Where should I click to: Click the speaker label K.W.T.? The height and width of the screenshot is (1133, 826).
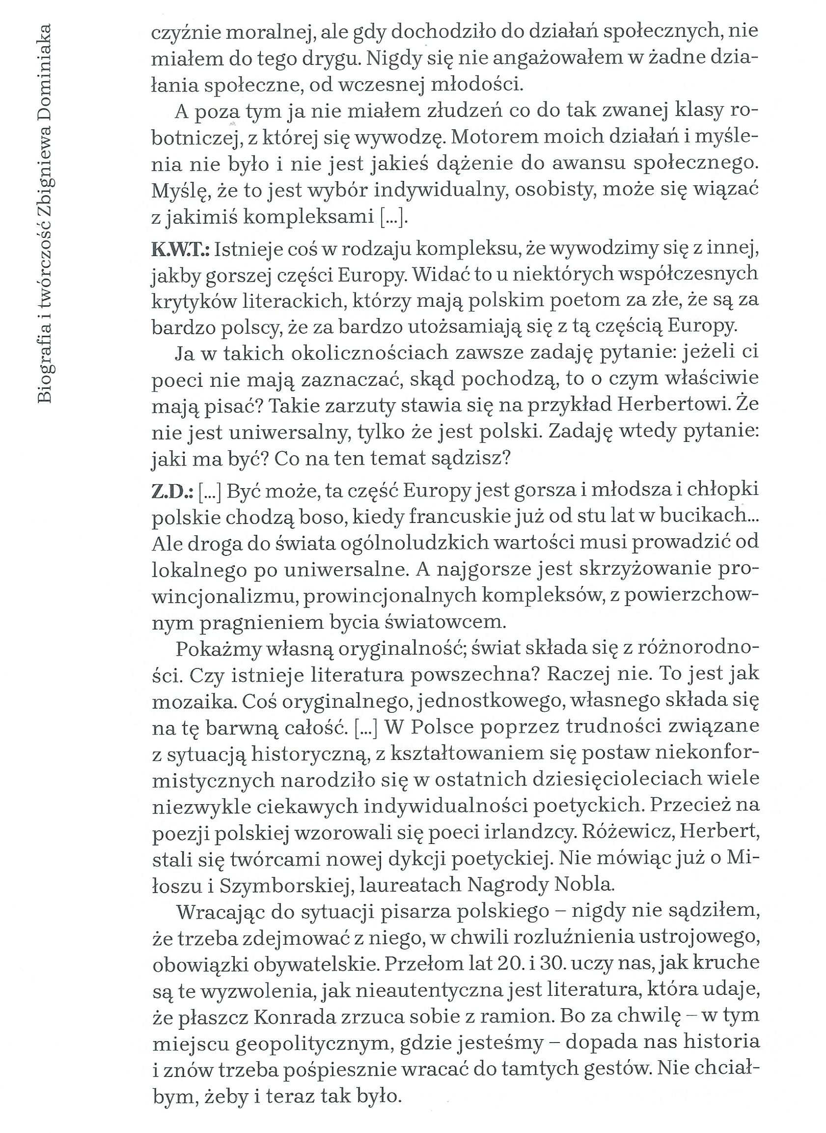pyautogui.click(x=180, y=249)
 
